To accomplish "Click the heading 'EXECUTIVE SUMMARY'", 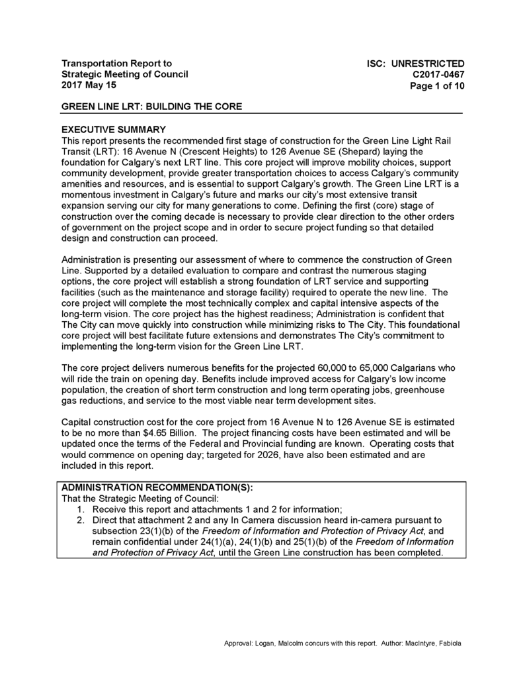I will [x=113, y=129].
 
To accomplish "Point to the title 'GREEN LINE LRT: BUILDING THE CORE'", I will [x=151, y=107].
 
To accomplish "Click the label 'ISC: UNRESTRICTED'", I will [x=416, y=64].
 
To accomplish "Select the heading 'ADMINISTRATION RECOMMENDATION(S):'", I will [x=157, y=488].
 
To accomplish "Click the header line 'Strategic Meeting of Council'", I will [x=125, y=74].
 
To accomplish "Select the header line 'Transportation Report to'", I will [x=116, y=63].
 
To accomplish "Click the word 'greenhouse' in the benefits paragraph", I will [x=431, y=390].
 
